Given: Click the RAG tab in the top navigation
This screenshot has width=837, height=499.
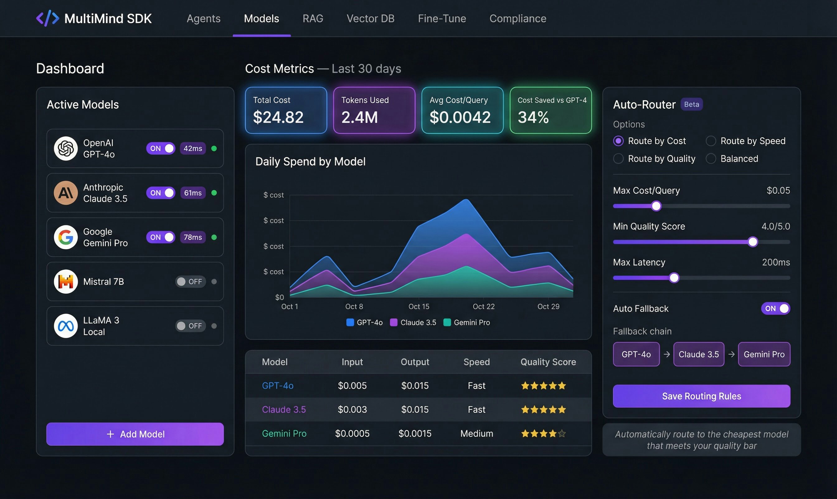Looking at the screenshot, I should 313,18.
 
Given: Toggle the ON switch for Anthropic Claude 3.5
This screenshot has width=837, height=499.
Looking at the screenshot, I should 160,193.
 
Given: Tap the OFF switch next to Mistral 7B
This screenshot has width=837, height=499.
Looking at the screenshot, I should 190,281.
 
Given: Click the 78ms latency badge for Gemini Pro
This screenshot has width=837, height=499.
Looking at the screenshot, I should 193,237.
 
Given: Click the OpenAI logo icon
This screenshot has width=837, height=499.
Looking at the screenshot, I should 66,148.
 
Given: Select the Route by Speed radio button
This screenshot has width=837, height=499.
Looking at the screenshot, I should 711,141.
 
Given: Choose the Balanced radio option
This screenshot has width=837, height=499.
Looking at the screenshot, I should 711,159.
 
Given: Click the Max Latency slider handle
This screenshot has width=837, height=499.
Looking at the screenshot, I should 674,278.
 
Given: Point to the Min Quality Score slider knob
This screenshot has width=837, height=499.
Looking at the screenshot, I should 753,242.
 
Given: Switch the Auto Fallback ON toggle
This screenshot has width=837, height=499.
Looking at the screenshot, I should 775,308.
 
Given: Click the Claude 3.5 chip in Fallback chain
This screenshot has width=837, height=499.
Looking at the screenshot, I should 698,354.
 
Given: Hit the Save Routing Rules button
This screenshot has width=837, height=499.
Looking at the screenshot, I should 701,396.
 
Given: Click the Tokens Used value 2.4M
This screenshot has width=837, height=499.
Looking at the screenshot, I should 359,117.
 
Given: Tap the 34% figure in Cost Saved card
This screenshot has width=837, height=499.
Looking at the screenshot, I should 533,117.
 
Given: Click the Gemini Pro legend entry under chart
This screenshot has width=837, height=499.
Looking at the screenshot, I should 467,322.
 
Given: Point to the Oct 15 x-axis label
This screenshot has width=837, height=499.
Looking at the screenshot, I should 419,306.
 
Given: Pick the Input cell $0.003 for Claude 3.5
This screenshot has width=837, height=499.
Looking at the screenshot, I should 352,409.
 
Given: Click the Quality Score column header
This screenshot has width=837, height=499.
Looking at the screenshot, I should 548,362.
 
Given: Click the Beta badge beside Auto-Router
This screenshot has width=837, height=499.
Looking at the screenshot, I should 691,104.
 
